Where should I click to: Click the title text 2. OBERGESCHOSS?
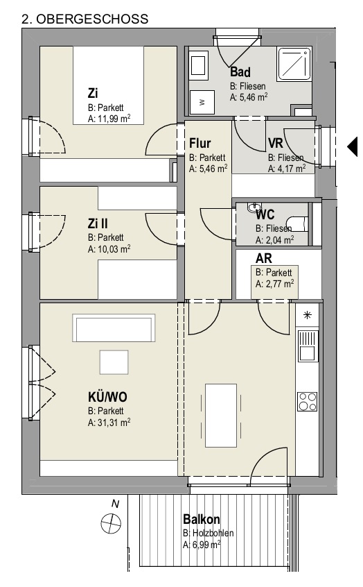tap(85, 19)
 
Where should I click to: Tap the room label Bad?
tap(240, 71)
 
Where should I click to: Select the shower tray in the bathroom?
tap(294, 64)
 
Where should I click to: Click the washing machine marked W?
tap(202, 102)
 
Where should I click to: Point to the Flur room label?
tap(200, 143)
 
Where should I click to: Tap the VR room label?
tap(276, 143)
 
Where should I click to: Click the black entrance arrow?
tap(353, 146)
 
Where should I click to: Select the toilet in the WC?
tap(299, 223)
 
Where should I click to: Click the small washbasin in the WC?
tap(254, 207)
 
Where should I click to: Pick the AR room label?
tap(263, 258)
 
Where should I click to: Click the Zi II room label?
tap(98, 223)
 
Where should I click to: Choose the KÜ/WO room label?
tap(107, 396)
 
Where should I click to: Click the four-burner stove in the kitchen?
tap(308, 401)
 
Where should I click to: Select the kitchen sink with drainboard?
tap(308, 346)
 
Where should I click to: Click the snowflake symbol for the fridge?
tap(308, 315)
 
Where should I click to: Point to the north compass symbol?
tap(111, 523)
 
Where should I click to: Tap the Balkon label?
tap(201, 519)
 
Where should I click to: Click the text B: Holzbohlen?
tap(209, 533)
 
